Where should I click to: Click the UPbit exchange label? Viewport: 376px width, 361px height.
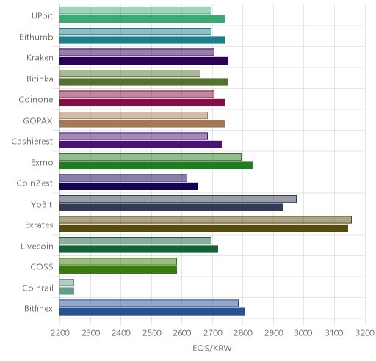click(x=42, y=15)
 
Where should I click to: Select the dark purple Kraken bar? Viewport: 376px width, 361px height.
click(x=144, y=61)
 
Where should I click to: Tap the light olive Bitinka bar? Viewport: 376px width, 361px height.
click(x=130, y=73)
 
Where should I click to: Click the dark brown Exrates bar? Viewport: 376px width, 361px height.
click(x=203, y=228)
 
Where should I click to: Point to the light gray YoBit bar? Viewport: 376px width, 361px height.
click(x=178, y=199)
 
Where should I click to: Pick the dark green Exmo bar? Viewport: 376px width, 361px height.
click(x=156, y=166)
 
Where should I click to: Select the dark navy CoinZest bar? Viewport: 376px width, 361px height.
click(x=129, y=186)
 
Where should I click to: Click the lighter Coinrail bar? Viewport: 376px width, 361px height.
click(x=67, y=282)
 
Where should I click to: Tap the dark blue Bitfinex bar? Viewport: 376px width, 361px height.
click(x=152, y=312)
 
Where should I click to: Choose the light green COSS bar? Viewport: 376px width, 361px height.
click(x=118, y=262)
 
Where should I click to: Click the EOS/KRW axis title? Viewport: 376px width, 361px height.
click(x=212, y=348)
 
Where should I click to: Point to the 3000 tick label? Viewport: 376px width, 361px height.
click(x=303, y=333)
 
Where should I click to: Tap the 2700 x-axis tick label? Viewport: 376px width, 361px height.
click(x=212, y=333)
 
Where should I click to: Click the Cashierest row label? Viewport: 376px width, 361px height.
click(x=32, y=142)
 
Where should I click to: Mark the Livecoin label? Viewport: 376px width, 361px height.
click(x=37, y=246)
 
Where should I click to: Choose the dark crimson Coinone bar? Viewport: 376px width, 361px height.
click(x=142, y=103)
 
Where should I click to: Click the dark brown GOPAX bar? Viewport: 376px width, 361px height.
click(x=142, y=124)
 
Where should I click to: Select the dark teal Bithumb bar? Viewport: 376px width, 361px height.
click(x=142, y=40)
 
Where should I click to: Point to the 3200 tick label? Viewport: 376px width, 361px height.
click(x=365, y=333)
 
